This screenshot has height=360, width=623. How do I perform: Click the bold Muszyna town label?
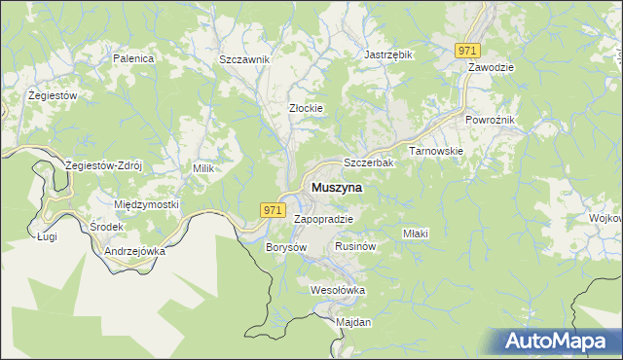[x=337, y=187]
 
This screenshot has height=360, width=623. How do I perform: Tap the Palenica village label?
[x=134, y=58]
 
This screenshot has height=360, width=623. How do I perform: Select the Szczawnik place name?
[x=244, y=59]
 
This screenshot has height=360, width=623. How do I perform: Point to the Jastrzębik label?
[x=388, y=55]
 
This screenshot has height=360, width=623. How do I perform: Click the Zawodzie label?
[x=491, y=67]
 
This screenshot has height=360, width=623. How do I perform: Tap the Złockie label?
[x=306, y=108]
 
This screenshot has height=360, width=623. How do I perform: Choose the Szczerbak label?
[x=368, y=162]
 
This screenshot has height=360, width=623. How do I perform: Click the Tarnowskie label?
[x=435, y=152]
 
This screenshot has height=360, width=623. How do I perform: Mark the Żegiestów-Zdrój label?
[x=103, y=164]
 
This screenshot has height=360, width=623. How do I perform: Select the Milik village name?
[x=203, y=168]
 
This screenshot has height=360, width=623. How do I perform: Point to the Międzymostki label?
[x=147, y=204]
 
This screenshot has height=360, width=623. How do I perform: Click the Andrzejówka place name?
[x=134, y=250]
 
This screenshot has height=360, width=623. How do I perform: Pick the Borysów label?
[x=286, y=247]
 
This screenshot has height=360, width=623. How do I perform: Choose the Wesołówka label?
[x=337, y=290]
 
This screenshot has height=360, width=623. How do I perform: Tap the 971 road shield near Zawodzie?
[x=468, y=51]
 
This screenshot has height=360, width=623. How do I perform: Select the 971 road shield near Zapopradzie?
[x=273, y=209]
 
